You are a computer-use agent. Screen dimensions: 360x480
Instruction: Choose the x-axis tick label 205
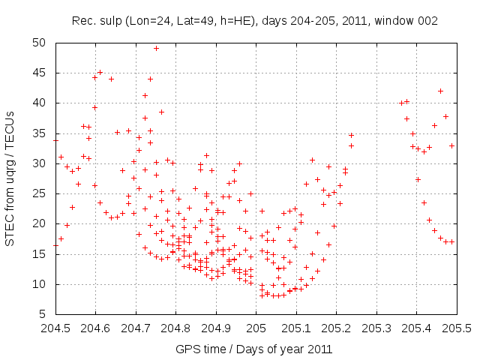click(x=256, y=328)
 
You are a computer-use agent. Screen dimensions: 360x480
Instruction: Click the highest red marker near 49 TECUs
click(x=156, y=48)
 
